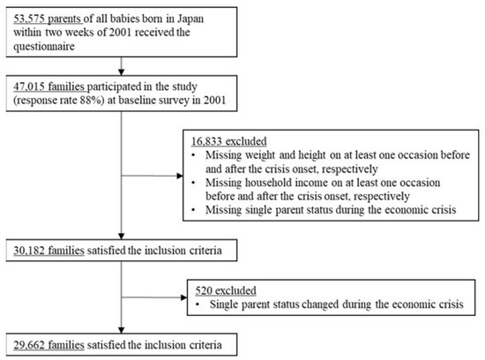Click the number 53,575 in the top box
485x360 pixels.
(x=29, y=19)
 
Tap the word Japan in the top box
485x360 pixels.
(x=190, y=19)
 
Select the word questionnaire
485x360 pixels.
(x=44, y=47)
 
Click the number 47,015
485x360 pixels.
(x=29, y=86)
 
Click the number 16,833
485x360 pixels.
(x=206, y=141)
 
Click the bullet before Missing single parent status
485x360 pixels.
(x=194, y=210)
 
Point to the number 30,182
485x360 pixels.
(x=29, y=251)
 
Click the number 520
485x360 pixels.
(x=204, y=290)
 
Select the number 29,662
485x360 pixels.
(x=29, y=345)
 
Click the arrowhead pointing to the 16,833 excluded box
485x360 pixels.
(x=180, y=176)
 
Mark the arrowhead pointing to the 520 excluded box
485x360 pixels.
(x=184, y=297)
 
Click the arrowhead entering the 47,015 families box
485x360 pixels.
(x=122, y=72)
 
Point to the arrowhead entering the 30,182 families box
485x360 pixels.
(x=122, y=236)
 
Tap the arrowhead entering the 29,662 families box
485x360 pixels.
(x=122, y=330)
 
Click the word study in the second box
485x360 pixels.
(x=184, y=86)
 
